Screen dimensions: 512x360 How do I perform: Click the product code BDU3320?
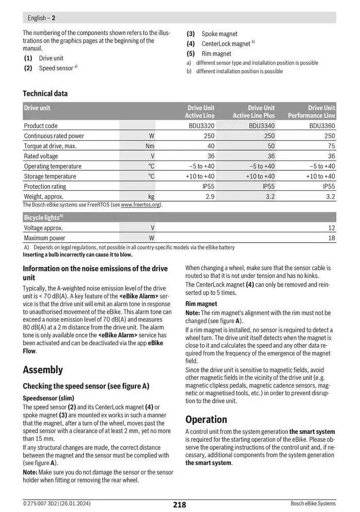pos(202,126)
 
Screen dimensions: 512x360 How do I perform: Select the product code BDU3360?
pos(322,126)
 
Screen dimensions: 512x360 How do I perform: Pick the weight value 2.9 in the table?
pos(210,196)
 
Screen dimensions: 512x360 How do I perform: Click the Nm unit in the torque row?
pos(150,146)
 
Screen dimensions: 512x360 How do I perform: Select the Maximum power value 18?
pos(331,238)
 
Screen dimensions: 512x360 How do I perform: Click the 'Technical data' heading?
pos(45,94)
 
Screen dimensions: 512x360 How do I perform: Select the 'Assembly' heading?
pos(43,369)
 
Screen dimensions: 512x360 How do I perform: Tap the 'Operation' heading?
pos(206,419)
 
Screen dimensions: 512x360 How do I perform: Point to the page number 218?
pos(179,505)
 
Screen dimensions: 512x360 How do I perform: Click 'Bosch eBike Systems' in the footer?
pos(313,504)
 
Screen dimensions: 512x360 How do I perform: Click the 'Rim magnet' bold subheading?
pos(201,304)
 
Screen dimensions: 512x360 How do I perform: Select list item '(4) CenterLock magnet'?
pos(221,44)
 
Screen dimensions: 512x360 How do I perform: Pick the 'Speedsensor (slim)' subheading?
pos(48,398)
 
